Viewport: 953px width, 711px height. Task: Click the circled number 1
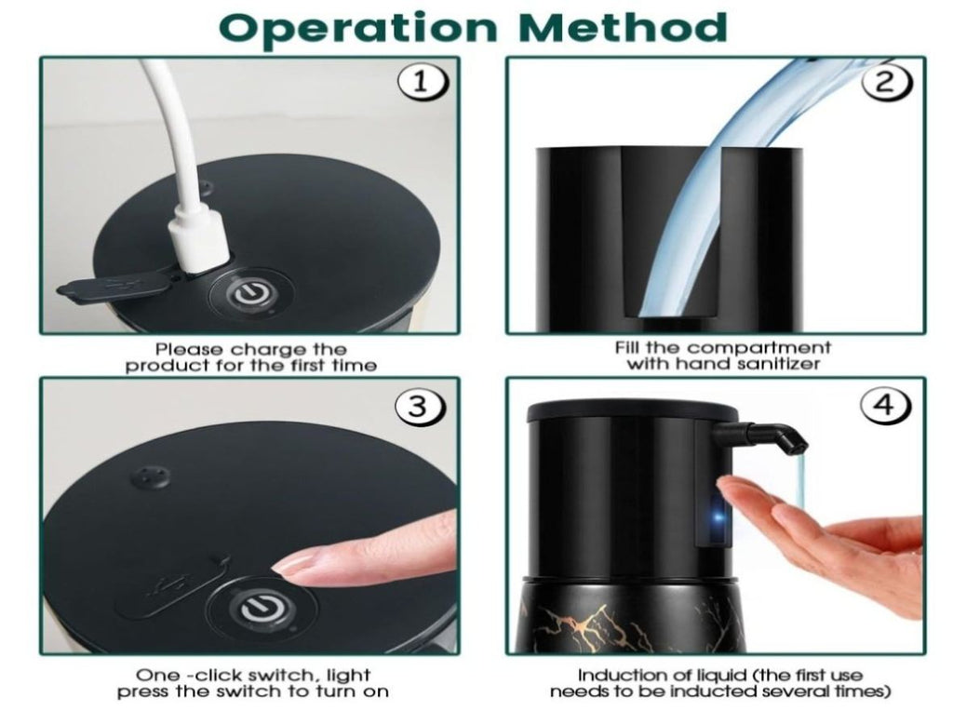(423, 83)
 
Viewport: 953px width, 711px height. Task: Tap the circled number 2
(887, 82)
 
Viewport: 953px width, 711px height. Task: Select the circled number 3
(420, 406)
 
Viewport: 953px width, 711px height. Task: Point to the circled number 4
(887, 404)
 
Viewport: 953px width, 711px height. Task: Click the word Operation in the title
(358, 27)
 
